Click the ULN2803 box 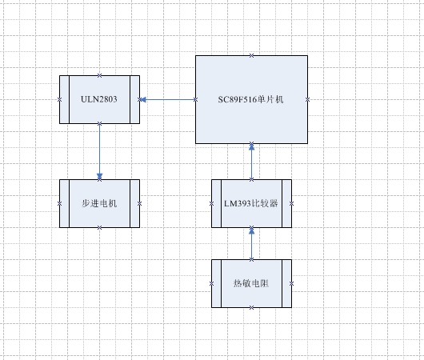pos(100,99)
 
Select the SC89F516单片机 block pos(252,99)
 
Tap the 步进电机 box pos(100,203)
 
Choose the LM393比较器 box pos(252,203)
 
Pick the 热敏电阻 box pos(252,283)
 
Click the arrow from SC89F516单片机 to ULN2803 pos(168,99)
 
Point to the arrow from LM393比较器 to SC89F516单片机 pos(252,162)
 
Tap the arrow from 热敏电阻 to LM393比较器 pos(252,243)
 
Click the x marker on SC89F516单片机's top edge pos(252,55)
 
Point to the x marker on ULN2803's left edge pos(60,99)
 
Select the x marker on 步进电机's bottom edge pos(100,227)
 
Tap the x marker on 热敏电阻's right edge pos(292,283)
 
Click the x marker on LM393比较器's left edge pos(212,203)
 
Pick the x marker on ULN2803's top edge pos(100,75)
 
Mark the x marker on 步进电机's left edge pos(60,203)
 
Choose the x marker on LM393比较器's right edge pos(292,203)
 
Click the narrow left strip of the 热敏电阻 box pos(216,283)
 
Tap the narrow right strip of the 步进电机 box pos(136,203)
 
